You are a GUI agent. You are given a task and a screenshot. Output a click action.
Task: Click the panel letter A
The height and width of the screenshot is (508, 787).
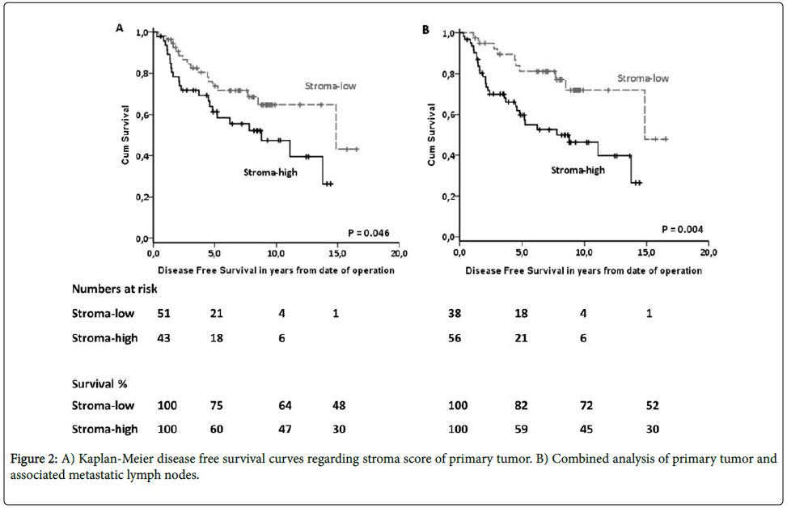click(x=119, y=28)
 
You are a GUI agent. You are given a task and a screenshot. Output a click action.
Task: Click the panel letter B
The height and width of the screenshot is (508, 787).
click(x=426, y=29)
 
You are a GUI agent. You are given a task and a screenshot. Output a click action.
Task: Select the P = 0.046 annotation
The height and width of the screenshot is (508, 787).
click(x=369, y=233)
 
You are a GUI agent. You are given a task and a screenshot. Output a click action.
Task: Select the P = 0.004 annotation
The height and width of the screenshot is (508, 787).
click(x=682, y=229)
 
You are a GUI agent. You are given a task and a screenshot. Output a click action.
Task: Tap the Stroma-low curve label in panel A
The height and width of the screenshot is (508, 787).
click(x=330, y=86)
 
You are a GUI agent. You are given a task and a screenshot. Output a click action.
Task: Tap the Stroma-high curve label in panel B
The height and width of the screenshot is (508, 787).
click(x=578, y=170)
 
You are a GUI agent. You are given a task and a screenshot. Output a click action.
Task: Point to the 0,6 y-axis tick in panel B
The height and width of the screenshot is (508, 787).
click(x=446, y=115)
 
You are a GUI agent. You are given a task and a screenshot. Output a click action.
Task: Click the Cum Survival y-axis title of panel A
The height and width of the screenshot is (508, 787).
click(x=126, y=138)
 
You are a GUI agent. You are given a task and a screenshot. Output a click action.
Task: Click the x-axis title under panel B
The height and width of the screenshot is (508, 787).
click(x=583, y=270)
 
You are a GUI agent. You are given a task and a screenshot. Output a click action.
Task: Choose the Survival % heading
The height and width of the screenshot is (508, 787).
click(x=102, y=382)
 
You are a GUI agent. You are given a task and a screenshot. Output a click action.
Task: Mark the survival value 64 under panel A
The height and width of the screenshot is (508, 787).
click(x=285, y=405)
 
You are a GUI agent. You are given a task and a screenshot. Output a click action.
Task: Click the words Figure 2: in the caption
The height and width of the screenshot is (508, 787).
click(x=37, y=459)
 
